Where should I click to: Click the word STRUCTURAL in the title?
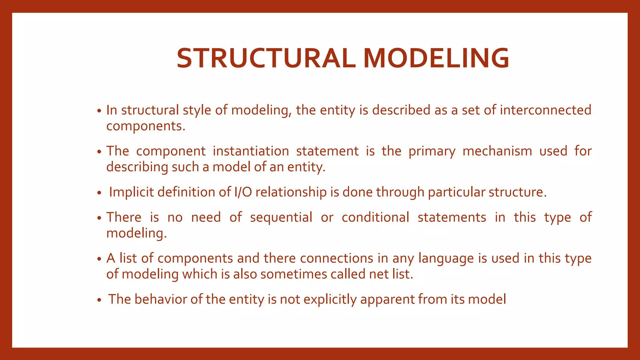click(x=266, y=58)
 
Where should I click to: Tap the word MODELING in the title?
click(x=436, y=58)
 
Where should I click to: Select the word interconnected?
click(x=545, y=110)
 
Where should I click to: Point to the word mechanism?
click(x=497, y=151)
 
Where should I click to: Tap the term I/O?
click(x=243, y=192)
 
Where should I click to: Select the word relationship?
click(x=291, y=192)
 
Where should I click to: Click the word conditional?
click(x=375, y=217)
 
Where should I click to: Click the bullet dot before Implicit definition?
click(x=99, y=193)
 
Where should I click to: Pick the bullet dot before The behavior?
click(x=99, y=300)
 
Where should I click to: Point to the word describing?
click(x=137, y=167)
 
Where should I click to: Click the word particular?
click(x=456, y=192)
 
